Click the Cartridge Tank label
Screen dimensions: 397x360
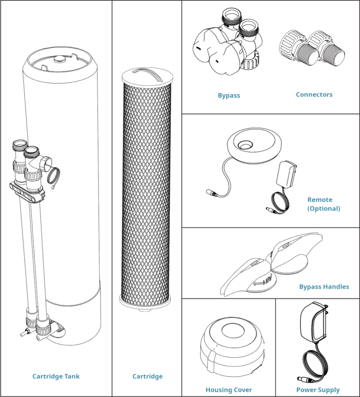click(56, 376)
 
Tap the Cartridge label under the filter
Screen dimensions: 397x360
click(147, 376)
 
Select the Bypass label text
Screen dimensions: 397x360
click(228, 95)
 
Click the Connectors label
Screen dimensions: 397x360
click(314, 94)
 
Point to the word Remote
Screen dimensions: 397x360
click(320, 200)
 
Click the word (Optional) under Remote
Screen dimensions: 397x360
click(324, 208)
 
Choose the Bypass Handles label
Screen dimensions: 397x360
click(324, 287)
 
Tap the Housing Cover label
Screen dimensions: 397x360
click(228, 390)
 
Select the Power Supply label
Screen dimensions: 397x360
click(318, 390)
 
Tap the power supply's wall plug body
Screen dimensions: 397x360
click(313, 323)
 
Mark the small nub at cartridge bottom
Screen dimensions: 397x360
click(147, 310)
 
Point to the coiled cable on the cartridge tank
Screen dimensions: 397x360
click(54, 175)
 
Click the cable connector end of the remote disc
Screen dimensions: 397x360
click(211, 192)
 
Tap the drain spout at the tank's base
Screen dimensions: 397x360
click(24, 332)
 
